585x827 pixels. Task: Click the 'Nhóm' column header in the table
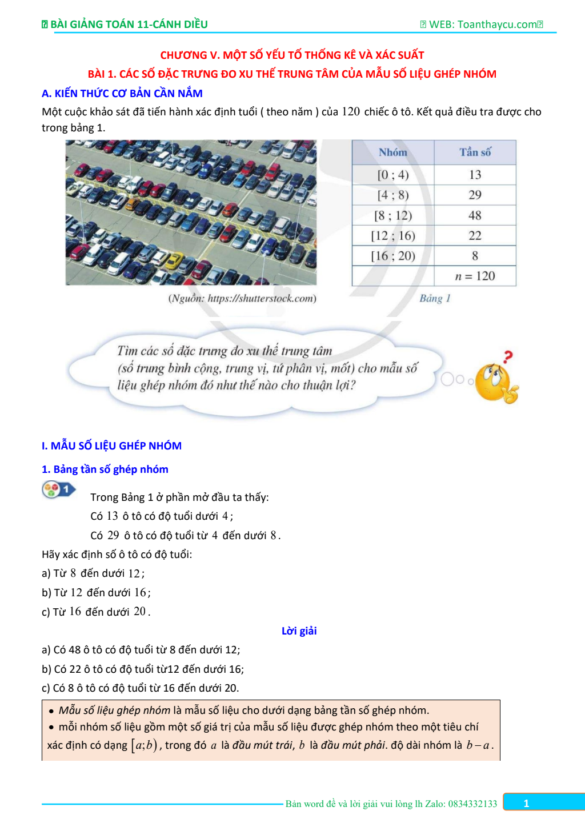click(x=393, y=152)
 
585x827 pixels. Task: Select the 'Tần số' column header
click(x=475, y=152)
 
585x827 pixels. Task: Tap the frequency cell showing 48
click(x=475, y=215)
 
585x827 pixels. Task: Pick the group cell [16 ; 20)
click(x=393, y=256)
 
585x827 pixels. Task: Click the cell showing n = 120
click(x=475, y=276)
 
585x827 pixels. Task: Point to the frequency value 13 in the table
click(x=475, y=175)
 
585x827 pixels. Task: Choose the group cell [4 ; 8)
click(x=393, y=195)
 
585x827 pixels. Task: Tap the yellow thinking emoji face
click(x=493, y=382)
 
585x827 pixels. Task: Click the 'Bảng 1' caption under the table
click(x=435, y=298)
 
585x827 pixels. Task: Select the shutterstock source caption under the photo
click(x=242, y=298)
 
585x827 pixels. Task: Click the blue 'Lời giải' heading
click(x=299, y=631)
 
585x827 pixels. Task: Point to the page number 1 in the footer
click(x=526, y=804)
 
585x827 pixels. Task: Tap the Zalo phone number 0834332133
click(x=472, y=804)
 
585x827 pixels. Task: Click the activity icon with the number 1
click(x=58, y=489)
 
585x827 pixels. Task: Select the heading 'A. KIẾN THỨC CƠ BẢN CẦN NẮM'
click(x=122, y=93)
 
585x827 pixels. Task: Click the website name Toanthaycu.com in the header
click(x=497, y=25)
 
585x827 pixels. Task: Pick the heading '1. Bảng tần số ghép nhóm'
click(x=105, y=469)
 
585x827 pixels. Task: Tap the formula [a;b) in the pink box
click(x=144, y=745)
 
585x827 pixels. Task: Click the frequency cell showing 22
click(x=475, y=236)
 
